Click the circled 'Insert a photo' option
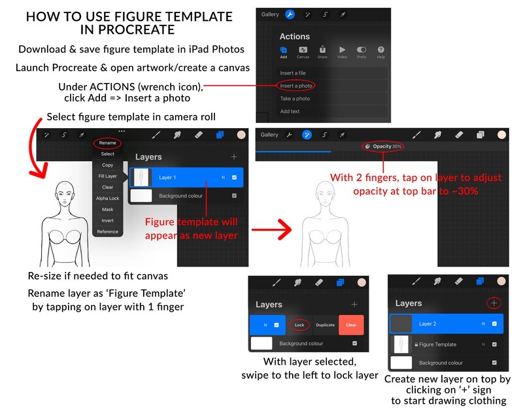[x=296, y=86]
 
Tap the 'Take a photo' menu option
[x=295, y=99]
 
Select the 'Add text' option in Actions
[x=290, y=111]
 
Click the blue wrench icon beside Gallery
[x=290, y=14]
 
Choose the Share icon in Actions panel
[x=322, y=52]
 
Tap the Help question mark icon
[x=381, y=52]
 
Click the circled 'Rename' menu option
[x=107, y=143]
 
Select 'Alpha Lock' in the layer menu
[x=108, y=198]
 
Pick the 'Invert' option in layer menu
[x=108, y=220]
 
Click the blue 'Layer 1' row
[x=187, y=177]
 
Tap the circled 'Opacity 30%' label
[x=383, y=146]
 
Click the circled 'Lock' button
[x=299, y=325]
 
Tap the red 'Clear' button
[x=351, y=325]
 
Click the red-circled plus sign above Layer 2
[x=494, y=303]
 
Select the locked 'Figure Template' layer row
[x=447, y=344]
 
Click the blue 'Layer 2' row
[x=447, y=324]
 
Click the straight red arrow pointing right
[x=271, y=229]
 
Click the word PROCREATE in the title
[x=137, y=30]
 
